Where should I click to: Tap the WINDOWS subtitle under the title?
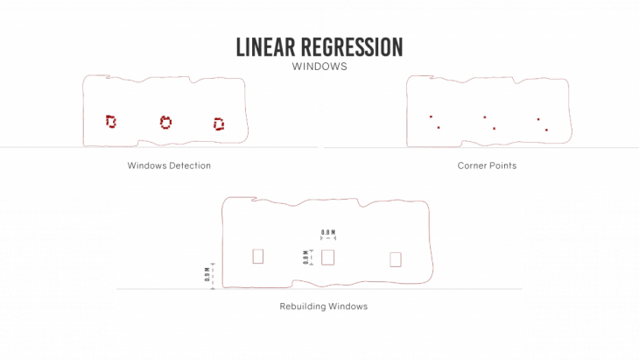(319, 67)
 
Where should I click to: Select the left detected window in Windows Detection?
(110, 121)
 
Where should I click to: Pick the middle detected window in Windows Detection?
(165, 122)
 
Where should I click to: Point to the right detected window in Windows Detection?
(219, 124)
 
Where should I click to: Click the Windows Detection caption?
(169, 166)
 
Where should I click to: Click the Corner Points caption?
(487, 166)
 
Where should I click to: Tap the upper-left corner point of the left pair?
(431, 116)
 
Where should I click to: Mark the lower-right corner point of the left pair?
(439, 128)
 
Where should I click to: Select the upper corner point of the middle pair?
(485, 116)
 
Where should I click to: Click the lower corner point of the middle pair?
(494, 129)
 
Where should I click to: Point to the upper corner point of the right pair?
(538, 119)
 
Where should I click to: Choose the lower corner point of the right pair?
(546, 131)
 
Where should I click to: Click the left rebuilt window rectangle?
(257, 256)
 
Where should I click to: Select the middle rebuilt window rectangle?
(328, 257)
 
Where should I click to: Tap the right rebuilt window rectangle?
(395, 258)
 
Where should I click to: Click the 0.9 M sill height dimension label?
(207, 274)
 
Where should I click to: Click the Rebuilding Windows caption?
(323, 307)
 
